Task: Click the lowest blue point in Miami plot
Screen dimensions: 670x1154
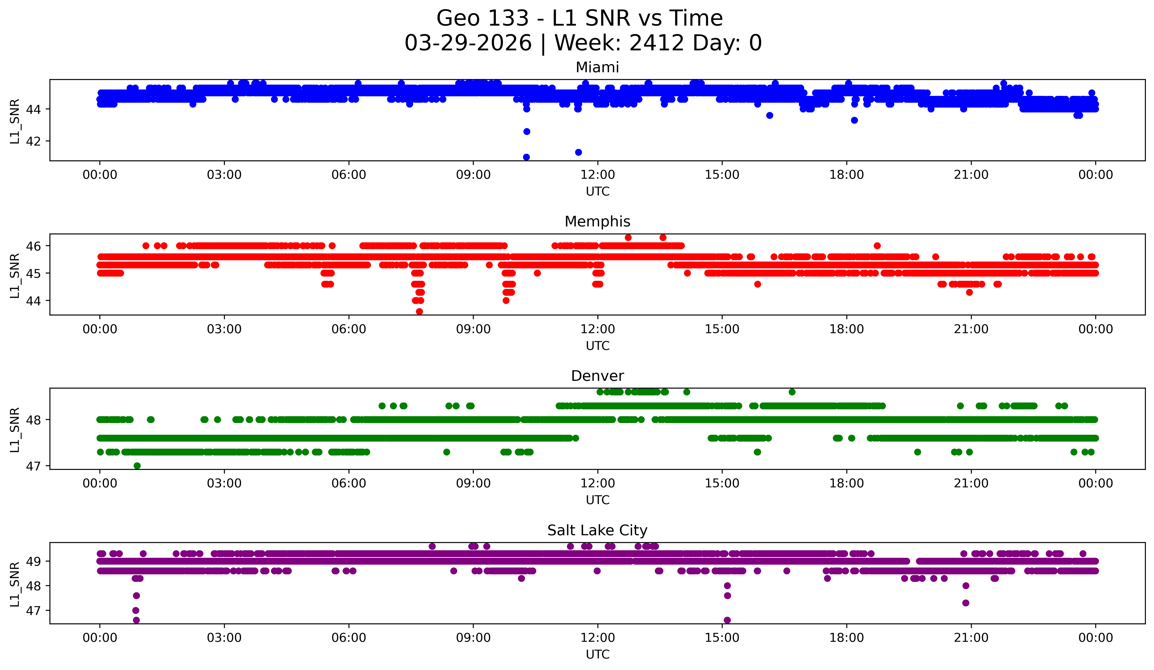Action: [x=526, y=157]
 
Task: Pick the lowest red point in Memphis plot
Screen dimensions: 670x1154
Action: [x=419, y=311]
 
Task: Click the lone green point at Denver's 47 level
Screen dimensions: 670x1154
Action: [x=137, y=466]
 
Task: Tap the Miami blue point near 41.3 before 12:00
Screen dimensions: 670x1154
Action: [x=578, y=152]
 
